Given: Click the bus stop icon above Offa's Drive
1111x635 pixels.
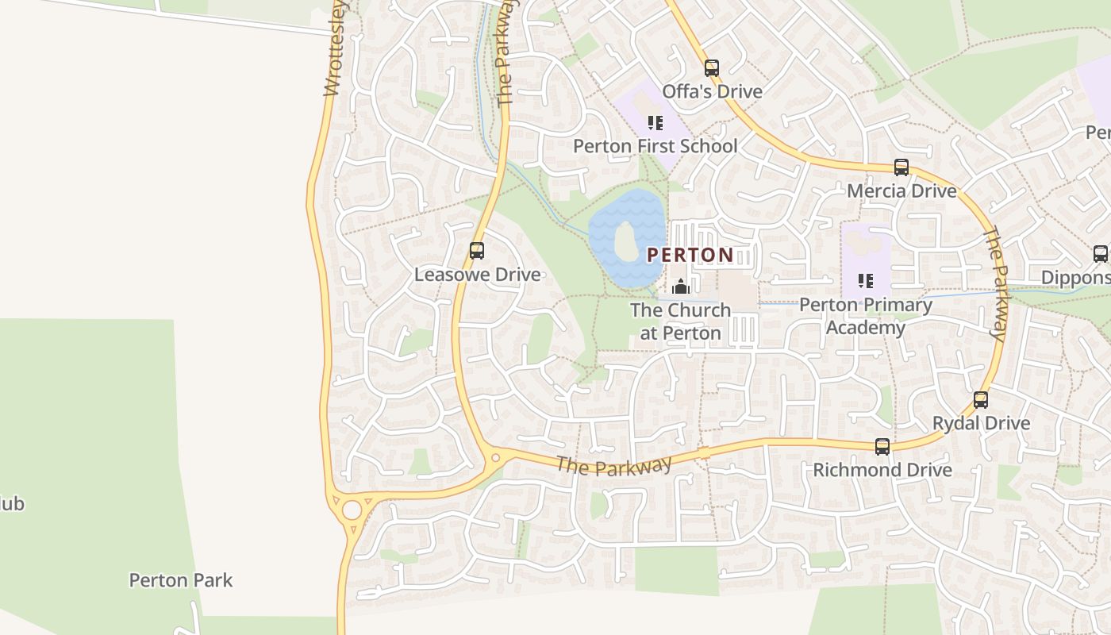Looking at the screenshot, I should [x=712, y=68].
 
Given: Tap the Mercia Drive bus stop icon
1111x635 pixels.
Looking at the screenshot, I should [x=901, y=167].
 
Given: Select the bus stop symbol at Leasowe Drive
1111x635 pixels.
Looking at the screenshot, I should [x=477, y=251].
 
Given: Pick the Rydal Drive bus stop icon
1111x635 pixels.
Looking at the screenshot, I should [x=981, y=400].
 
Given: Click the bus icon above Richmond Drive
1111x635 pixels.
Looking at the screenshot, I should [x=882, y=447].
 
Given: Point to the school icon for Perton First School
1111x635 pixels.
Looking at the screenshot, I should [x=655, y=123].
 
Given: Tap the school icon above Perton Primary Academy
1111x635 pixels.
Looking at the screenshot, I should [x=865, y=281].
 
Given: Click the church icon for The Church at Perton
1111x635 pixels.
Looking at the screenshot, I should [x=680, y=287].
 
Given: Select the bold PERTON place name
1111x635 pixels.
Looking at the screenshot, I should [x=690, y=255].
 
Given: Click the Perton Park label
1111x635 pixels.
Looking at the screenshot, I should [x=181, y=580].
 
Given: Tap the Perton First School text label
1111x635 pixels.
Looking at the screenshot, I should [x=655, y=146].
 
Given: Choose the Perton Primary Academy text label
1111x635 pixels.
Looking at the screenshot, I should [x=865, y=316].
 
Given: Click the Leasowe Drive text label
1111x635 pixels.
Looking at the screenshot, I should [x=477, y=275].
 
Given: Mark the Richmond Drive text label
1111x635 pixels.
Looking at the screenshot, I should [x=882, y=470].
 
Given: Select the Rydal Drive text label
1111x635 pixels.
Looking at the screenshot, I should [x=981, y=423].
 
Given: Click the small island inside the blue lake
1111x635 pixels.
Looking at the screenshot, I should [x=626, y=241].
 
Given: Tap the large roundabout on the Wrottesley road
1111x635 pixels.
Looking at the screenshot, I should [x=352, y=510].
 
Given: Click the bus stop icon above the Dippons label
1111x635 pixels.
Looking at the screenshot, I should [x=1100, y=254].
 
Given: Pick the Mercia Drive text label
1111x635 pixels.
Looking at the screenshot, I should [x=901, y=191].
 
